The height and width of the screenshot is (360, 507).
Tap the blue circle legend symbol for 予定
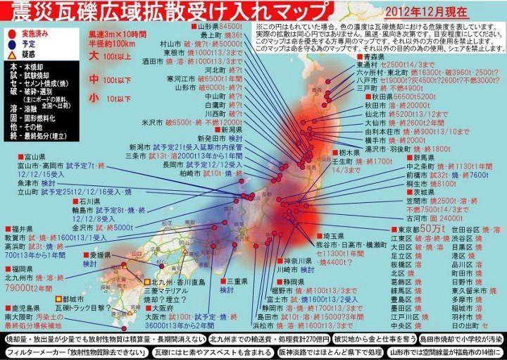point(9,43)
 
